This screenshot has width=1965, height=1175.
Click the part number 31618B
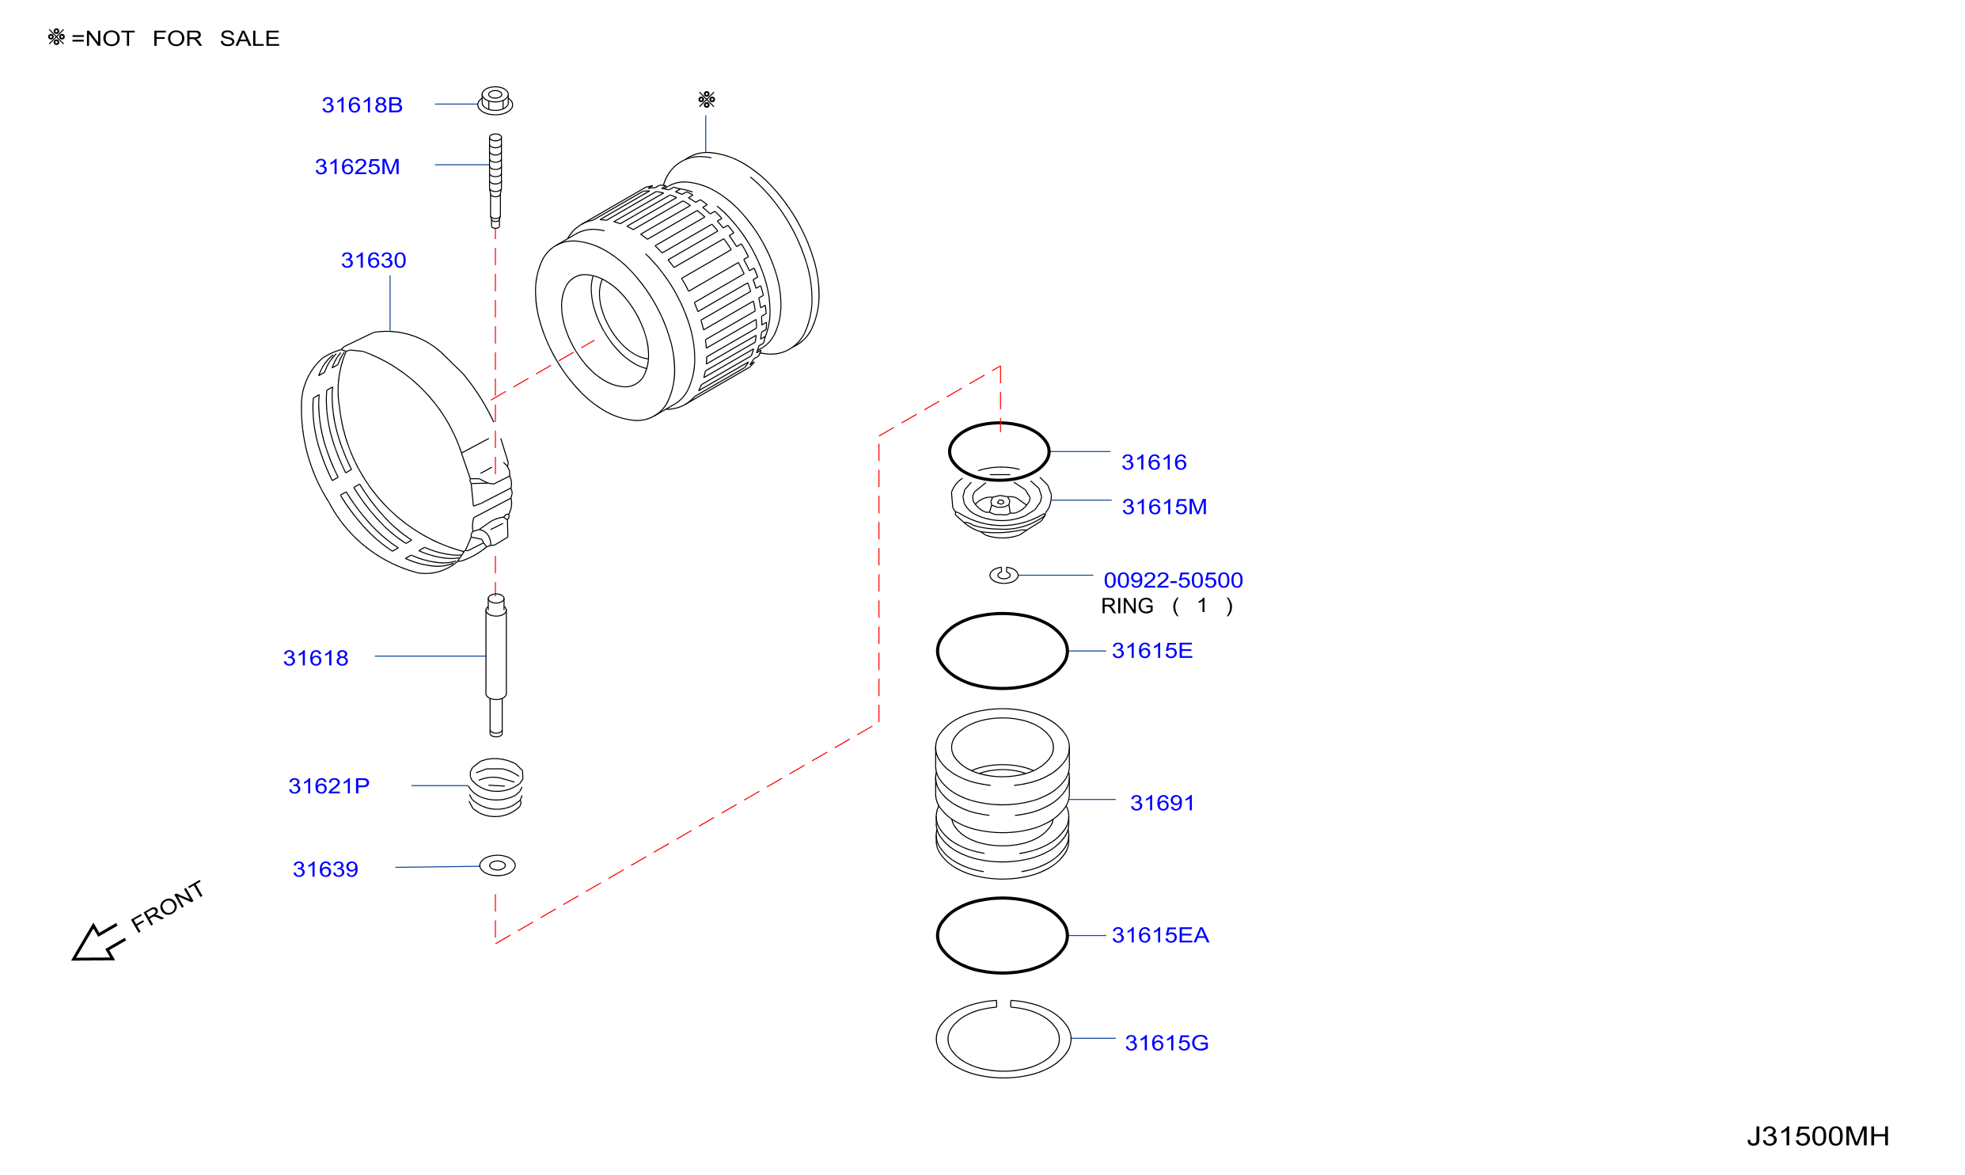[x=362, y=105]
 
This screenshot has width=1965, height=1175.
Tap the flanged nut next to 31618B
[x=495, y=101]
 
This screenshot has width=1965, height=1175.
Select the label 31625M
[x=357, y=166]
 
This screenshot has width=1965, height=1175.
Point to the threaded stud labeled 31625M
[x=495, y=181]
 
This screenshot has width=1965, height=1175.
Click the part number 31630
[x=374, y=260]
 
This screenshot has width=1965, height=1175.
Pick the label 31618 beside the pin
[x=316, y=658]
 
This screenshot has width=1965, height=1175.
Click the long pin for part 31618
[x=496, y=665]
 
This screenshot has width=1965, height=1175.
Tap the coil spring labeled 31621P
[x=496, y=787]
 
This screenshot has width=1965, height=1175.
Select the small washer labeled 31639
[x=498, y=865]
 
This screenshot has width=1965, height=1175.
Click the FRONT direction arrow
[x=98, y=943]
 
